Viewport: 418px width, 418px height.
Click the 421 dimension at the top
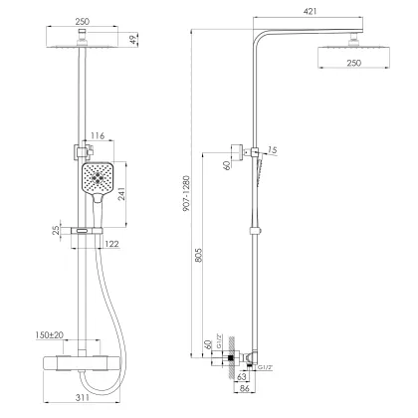pyautogui.click(x=310, y=11)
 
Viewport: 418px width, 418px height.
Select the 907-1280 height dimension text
pyautogui.click(x=186, y=194)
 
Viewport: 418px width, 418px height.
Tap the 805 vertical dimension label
pyautogui.click(x=199, y=255)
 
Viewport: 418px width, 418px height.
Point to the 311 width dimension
pyautogui.click(x=82, y=397)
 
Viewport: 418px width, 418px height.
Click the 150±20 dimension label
pyautogui.click(x=50, y=335)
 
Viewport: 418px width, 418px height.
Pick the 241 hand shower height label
pyautogui.click(x=121, y=194)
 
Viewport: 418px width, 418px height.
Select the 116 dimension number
pyautogui.click(x=98, y=135)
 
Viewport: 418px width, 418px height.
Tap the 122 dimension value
pyautogui.click(x=111, y=244)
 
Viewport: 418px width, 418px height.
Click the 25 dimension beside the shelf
pyautogui.click(x=56, y=230)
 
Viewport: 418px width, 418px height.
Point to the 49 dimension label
pyautogui.click(x=132, y=40)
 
